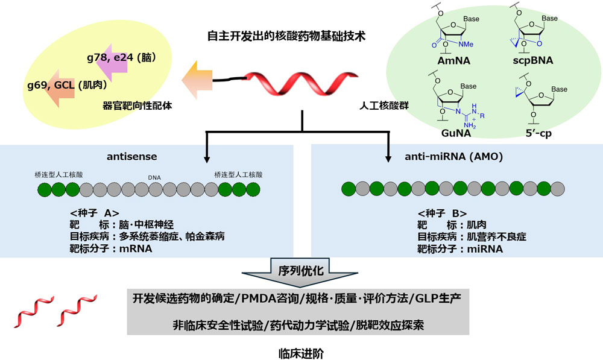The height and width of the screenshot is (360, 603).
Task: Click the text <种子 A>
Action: (95, 213)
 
